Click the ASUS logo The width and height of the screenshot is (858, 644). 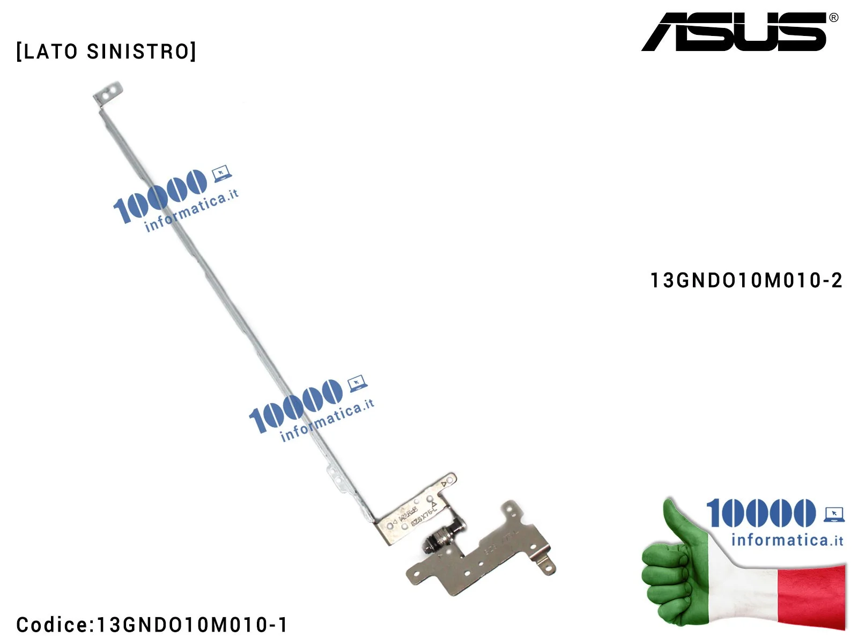[735, 32]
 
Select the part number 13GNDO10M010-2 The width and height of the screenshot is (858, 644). [746, 280]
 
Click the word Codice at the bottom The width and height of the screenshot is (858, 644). [51, 625]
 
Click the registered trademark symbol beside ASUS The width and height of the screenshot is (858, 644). [833, 18]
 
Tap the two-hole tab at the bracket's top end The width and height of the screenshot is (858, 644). [108, 93]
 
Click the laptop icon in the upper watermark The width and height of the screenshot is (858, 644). [221, 173]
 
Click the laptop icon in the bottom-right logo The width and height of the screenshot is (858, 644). [834, 514]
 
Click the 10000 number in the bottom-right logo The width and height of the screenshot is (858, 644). [760, 513]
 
